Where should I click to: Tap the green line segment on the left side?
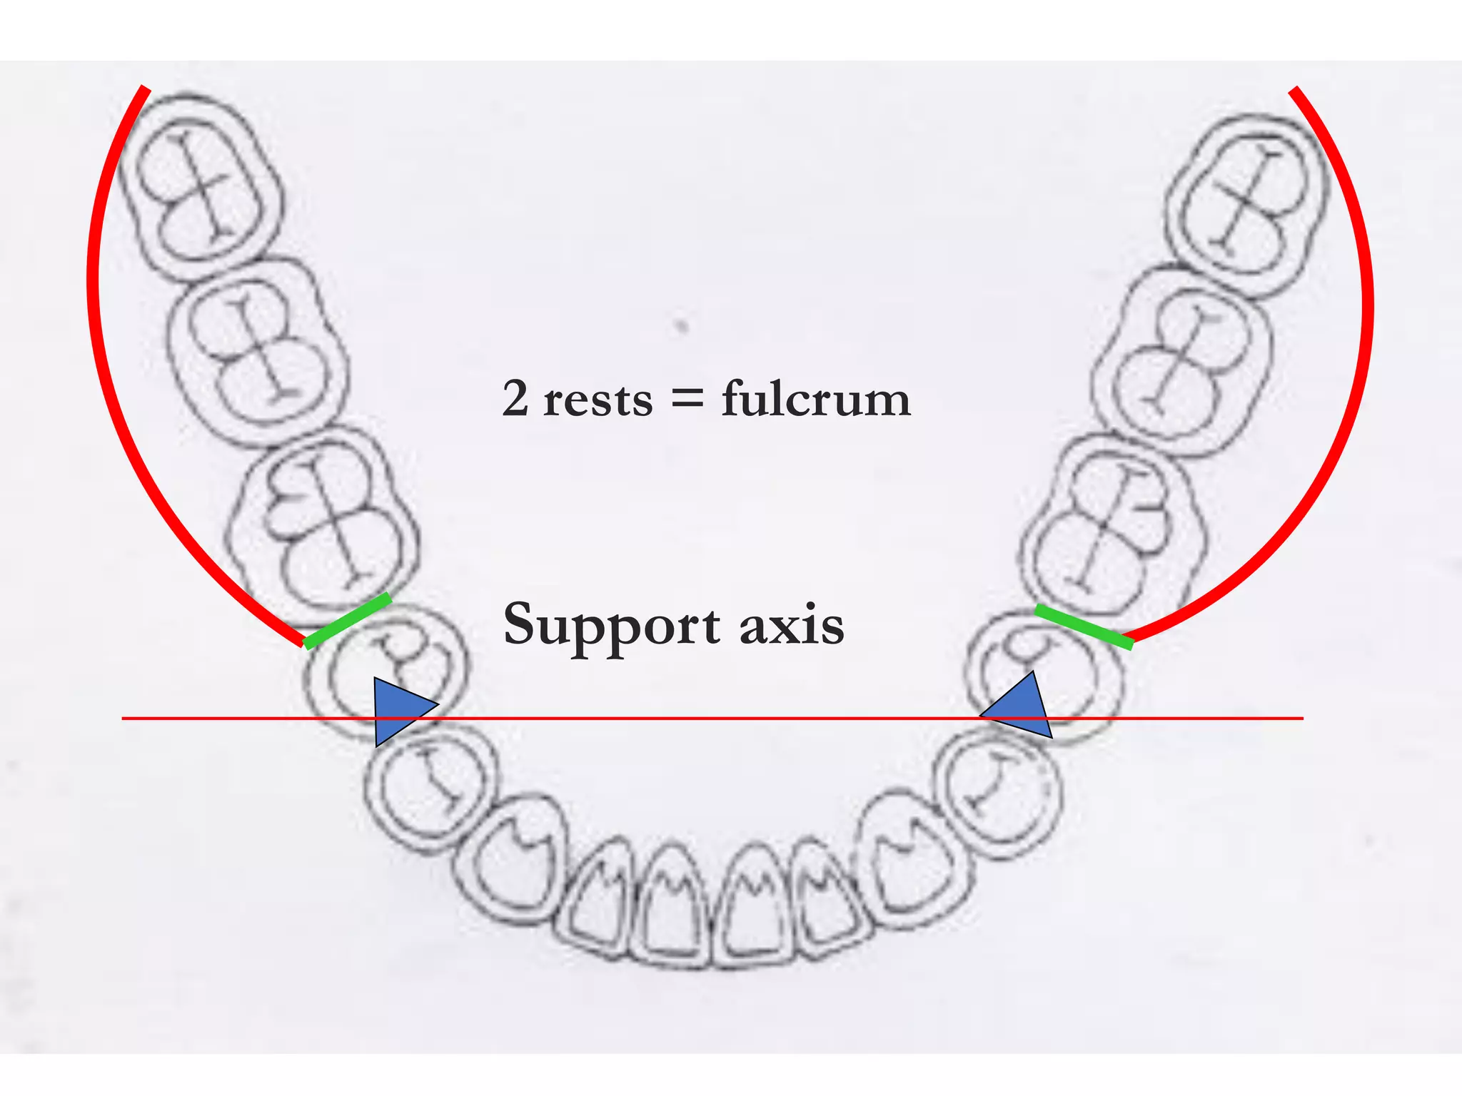[x=348, y=621]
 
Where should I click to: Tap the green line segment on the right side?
[x=1084, y=626]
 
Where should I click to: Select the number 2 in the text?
[x=515, y=398]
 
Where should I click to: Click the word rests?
[x=598, y=400]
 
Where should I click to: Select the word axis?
[x=792, y=626]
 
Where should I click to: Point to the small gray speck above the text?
[x=682, y=327]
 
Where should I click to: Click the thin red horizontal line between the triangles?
[x=714, y=718]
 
